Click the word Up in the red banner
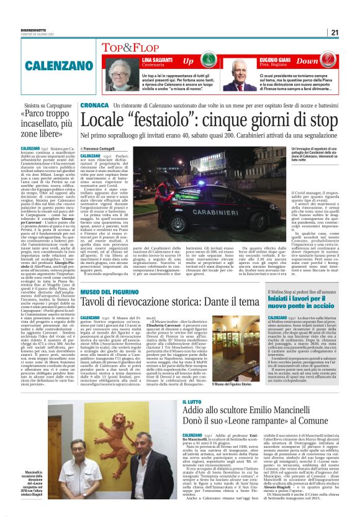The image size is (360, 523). click(x=188, y=61)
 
